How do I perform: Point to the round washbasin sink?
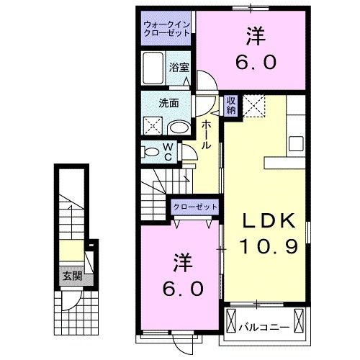click(x=178, y=127)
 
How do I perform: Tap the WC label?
click(x=167, y=151)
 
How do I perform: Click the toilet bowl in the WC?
click(x=152, y=152)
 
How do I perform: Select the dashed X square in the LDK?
click(x=255, y=107)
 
